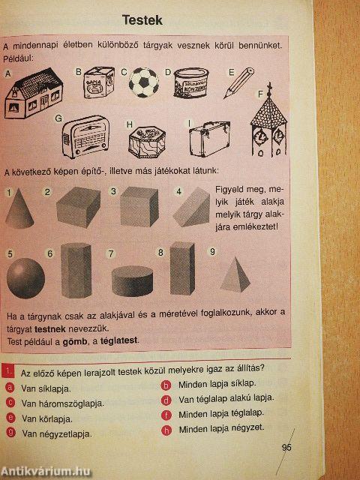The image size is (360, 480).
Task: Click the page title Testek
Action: click(x=142, y=20)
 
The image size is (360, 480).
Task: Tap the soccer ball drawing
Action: click(x=143, y=82)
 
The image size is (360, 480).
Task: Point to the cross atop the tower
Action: click(x=269, y=88)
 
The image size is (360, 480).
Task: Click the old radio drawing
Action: click(x=85, y=136)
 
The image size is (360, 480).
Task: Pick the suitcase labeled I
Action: click(x=209, y=139)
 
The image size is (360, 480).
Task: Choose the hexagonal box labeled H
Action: click(x=147, y=142)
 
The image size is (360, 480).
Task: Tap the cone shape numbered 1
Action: click(x=19, y=208)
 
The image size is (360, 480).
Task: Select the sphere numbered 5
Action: click(x=25, y=278)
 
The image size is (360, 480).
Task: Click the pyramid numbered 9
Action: click(x=235, y=274)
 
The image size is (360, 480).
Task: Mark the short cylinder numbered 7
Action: click(x=132, y=281)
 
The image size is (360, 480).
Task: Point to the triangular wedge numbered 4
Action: click(x=191, y=207)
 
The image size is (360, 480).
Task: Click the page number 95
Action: click(x=286, y=448)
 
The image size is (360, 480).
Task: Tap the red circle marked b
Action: click(x=166, y=385)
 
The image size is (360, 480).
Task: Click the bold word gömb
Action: click(x=75, y=341)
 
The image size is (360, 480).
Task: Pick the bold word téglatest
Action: click(x=118, y=340)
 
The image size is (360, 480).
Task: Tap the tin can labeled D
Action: click(x=191, y=82)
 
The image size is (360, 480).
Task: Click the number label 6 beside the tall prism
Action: click(x=50, y=253)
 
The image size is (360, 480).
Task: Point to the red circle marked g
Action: click(x=10, y=433)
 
